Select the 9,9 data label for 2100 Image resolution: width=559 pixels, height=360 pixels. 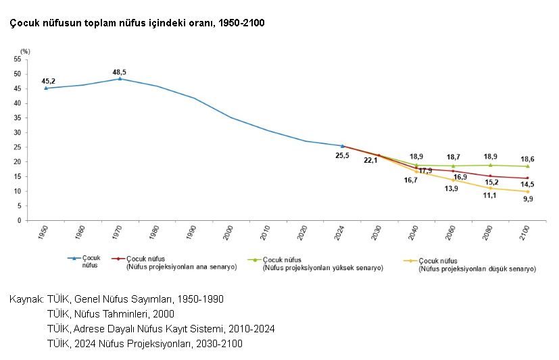pyautogui.click(x=528, y=199)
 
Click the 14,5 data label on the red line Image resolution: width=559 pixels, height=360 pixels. pyautogui.click(x=528, y=184)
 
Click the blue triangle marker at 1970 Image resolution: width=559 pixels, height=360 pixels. pyautogui.click(x=120, y=78)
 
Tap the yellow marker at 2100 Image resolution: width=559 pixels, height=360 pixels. pyautogui.click(x=527, y=191)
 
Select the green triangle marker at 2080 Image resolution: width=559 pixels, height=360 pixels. pyautogui.click(x=491, y=165)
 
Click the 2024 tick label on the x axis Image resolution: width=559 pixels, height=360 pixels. pyautogui.click(x=342, y=234)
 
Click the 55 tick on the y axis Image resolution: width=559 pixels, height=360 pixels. pyautogui.click(x=17, y=59)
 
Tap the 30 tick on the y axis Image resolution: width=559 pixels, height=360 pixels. pyautogui.click(x=17, y=132)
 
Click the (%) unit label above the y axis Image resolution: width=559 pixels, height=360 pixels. pyautogui.click(x=25, y=51)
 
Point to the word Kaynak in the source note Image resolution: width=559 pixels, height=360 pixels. pyautogui.click(x=26, y=299)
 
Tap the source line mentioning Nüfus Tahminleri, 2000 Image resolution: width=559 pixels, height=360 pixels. pyautogui.click(x=110, y=313)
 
